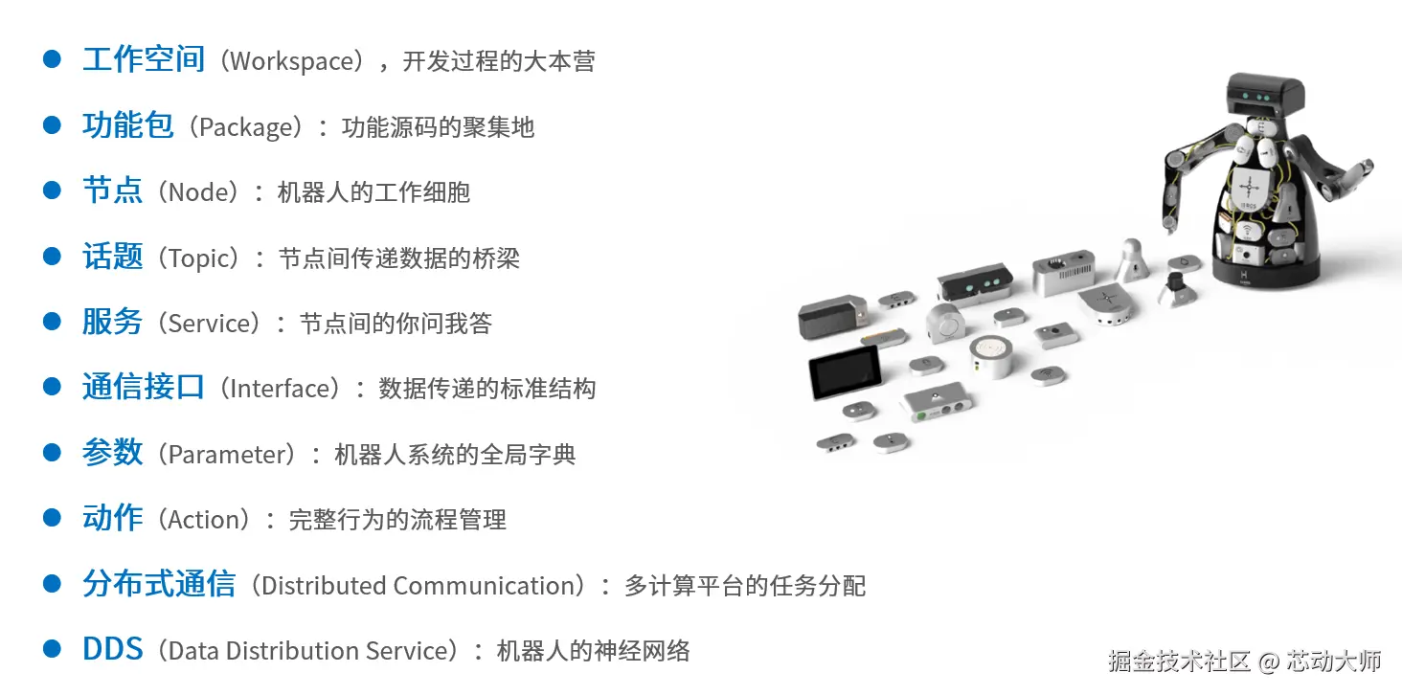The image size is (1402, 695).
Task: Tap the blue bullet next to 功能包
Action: pyautogui.click(x=53, y=125)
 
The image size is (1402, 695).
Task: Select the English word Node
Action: pyautogui.click(x=202, y=192)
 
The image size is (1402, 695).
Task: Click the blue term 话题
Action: pyautogui.click(x=112, y=257)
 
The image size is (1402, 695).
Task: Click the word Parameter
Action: pyautogui.click(x=231, y=454)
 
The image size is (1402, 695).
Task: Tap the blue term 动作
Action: pyautogui.click(x=112, y=519)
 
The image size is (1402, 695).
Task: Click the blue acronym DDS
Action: pyautogui.click(x=112, y=650)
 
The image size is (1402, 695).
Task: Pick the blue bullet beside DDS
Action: pyautogui.click(x=53, y=650)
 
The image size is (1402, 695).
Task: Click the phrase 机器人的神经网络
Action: pyautogui.click(x=593, y=651)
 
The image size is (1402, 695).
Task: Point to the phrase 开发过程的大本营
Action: pyautogui.click(x=498, y=61)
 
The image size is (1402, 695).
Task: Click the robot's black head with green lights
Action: pyautogui.click(x=1264, y=96)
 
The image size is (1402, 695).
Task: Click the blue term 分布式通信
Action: pyautogui.click(x=158, y=585)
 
